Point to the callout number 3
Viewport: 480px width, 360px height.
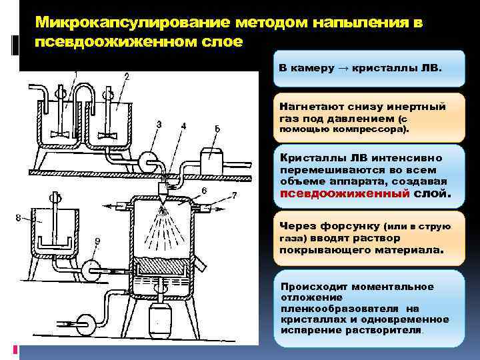point(159,124)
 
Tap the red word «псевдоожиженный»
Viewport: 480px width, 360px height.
point(324,194)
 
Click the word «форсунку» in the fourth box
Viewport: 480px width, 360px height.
point(352,226)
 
